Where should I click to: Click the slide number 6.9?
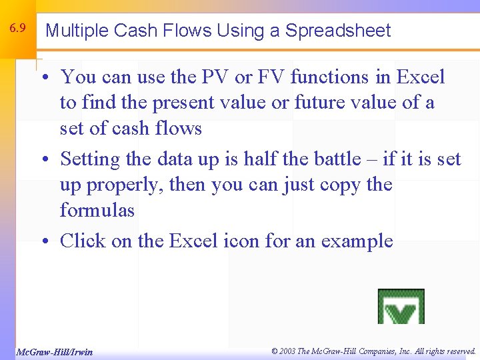click(x=18, y=29)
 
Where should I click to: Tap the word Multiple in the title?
click(x=77, y=31)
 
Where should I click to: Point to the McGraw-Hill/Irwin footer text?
click(x=54, y=352)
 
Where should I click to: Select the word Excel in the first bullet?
click(x=420, y=77)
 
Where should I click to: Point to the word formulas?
click(x=97, y=211)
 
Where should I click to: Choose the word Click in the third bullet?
click(x=82, y=241)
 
